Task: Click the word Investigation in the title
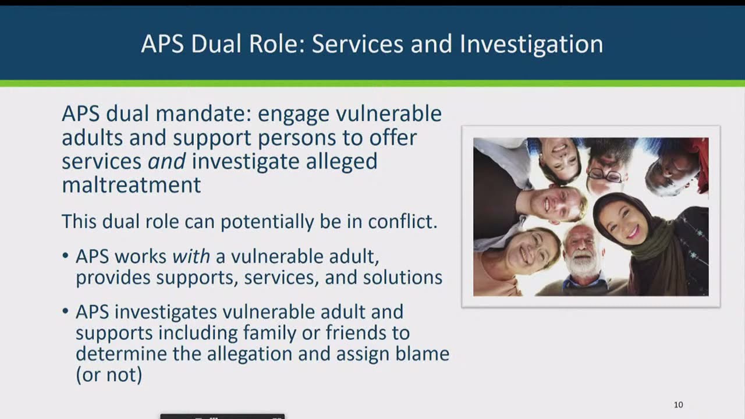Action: point(531,44)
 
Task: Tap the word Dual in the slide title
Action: point(216,44)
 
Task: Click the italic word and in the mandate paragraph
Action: point(166,161)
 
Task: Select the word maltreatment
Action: point(132,184)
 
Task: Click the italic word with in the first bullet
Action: point(191,257)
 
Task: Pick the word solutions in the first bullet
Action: point(402,277)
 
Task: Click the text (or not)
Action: point(109,375)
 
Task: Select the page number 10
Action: point(679,404)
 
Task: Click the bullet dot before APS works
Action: point(65,256)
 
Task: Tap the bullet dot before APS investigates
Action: point(65,311)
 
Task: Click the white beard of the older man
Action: point(581,265)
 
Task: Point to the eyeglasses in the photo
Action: point(604,175)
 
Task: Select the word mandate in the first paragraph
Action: point(204,113)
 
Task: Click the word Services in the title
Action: point(357,44)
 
